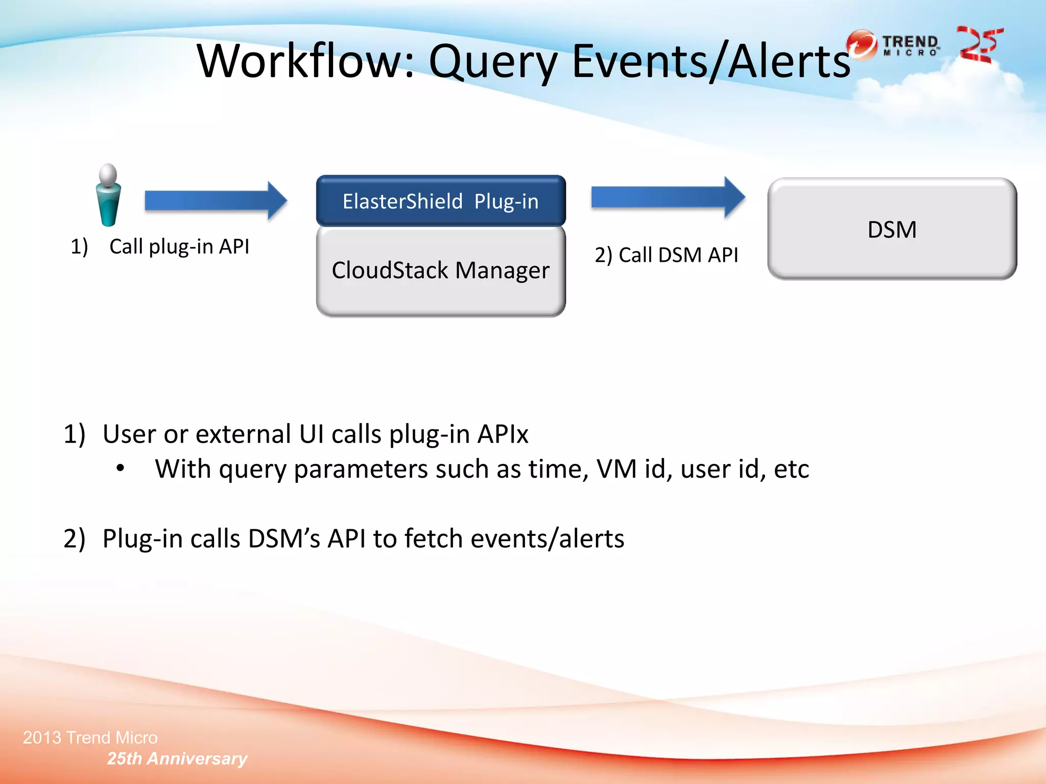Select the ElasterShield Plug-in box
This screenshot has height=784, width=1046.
click(x=441, y=201)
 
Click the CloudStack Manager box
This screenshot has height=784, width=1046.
click(x=441, y=271)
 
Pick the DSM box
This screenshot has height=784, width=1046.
click(x=892, y=229)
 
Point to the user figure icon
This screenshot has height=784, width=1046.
click(x=108, y=195)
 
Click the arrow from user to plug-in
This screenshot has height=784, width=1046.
click(x=215, y=201)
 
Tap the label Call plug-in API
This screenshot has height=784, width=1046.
click(x=179, y=247)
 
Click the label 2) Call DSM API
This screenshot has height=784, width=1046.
click(x=666, y=255)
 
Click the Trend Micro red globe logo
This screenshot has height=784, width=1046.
click(x=862, y=44)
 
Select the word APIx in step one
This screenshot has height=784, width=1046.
click(x=503, y=434)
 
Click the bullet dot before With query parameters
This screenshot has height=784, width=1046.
click(x=120, y=468)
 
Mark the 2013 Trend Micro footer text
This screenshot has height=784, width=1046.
click(x=90, y=738)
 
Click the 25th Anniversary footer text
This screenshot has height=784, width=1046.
click(x=177, y=758)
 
